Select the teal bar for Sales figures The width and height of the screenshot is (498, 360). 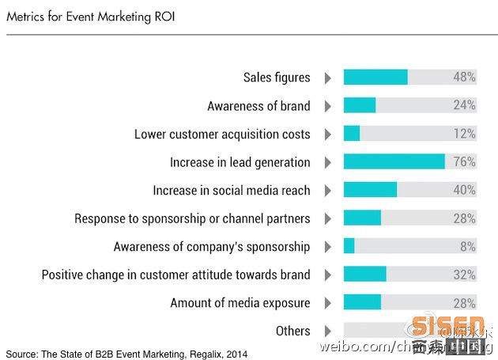point(375,78)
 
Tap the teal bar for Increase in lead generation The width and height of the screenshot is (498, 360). point(394,162)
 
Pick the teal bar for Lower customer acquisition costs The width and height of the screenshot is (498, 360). point(352,134)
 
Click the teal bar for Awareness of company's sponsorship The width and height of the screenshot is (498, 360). point(349,246)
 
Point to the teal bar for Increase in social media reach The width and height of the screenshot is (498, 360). point(370,190)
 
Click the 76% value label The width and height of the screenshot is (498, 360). point(464,162)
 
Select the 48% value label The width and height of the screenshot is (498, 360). point(464,78)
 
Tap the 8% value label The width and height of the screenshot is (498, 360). point(467,246)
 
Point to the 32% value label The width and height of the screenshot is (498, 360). point(464,275)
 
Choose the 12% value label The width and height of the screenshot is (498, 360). point(464,134)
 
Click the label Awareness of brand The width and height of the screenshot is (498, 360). point(258,106)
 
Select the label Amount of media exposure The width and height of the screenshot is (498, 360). point(240,303)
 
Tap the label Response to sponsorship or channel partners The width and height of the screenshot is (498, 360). point(192,218)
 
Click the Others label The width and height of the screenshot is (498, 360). point(292,331)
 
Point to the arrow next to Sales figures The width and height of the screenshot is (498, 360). point(327,78)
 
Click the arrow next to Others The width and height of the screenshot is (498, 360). point(327,331)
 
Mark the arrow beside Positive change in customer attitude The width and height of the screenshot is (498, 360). point(327,275)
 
